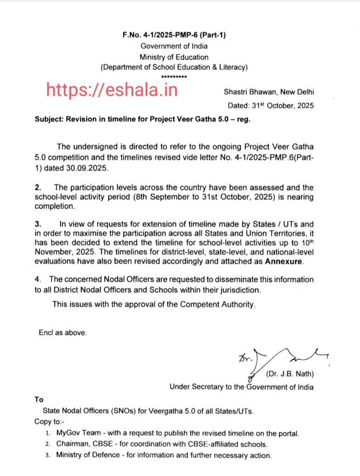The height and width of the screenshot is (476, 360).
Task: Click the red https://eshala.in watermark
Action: coord(111,89)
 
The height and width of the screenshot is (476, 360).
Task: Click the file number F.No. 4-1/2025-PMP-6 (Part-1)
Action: coord(174,35)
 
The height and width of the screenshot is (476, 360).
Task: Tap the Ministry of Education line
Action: coord(174,56)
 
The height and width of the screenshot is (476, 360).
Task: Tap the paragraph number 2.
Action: coord(38,187)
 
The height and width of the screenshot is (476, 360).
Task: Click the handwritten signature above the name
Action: coord(279,358)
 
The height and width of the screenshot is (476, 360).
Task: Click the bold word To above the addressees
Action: coord(39,399)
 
